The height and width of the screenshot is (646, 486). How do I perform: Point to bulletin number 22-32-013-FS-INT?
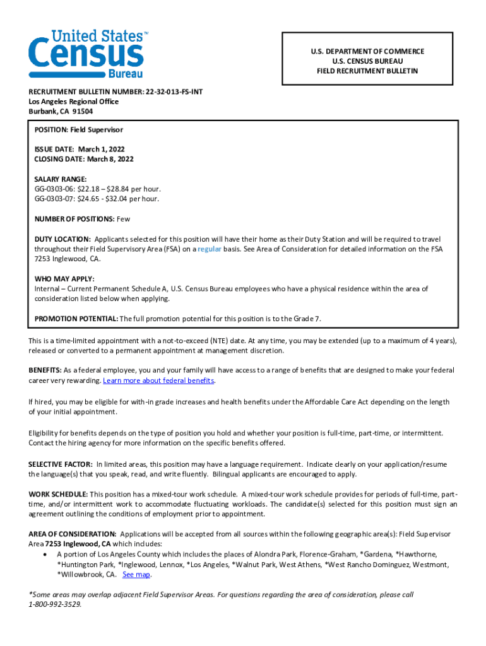click(x=179, y=91)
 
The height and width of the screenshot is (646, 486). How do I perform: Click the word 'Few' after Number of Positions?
click(x=123, y=219)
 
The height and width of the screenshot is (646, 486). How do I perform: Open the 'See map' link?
click(x=136, y=575)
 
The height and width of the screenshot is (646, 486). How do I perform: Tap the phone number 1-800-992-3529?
click(x=55, y=604)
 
